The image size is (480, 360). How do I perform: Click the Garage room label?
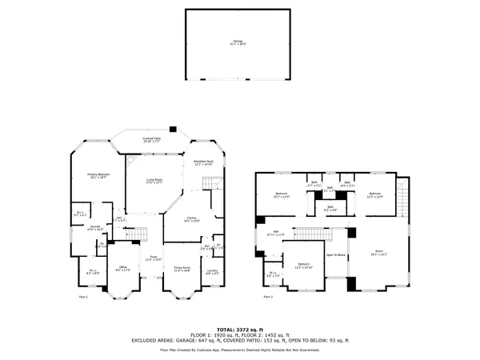click(x=238, y=43)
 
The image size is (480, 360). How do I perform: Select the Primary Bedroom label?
click(x=98, y=175)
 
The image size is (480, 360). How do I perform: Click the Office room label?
click(x=122, y=268)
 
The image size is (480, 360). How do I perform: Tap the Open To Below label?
click(x=335, y=254)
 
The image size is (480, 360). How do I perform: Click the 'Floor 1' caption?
click(x=82, y=297)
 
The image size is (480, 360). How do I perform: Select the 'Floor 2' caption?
click(x=267, y=297)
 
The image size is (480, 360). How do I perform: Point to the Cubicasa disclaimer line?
click(x=239, y=350)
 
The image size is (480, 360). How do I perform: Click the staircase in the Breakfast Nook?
click(x=212, y=186)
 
